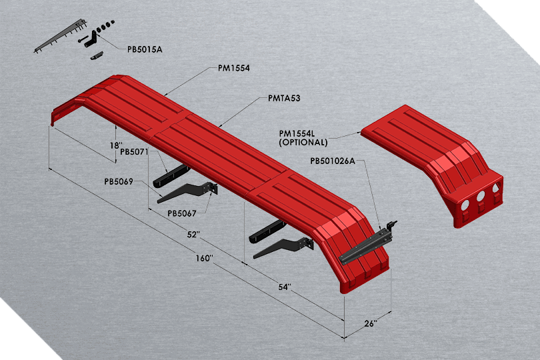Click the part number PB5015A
(x=145, y=49)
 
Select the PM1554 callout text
(x=233, y=68)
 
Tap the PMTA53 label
(x=284, y=99)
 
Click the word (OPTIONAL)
(x=303, y=143)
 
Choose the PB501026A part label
(x=333, y=160)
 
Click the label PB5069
(x=119, y=181)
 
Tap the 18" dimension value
(x=117, y=145)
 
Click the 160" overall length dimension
(x=204, y=258)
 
